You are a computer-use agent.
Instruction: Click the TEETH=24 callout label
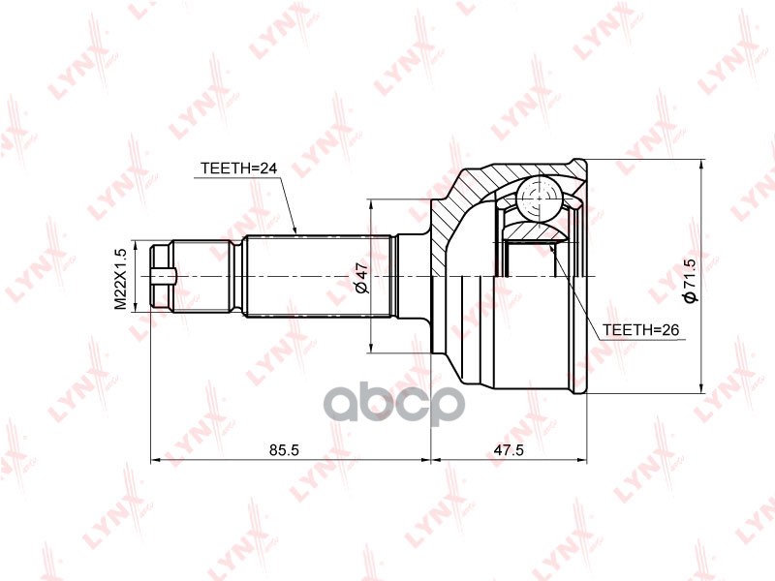[x=238, y=168]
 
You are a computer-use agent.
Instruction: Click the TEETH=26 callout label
[x=641, y=329]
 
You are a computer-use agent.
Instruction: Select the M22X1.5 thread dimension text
[x=121, y=279]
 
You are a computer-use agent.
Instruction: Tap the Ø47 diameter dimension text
[x=361, y=278]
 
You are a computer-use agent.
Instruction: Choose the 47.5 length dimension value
[x=509, y=449]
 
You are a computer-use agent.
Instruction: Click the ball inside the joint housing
[x=539, y=199]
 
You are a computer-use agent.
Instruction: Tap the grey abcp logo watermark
[x=394, y=405]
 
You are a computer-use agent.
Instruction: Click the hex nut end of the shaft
[x=161, y=277]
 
